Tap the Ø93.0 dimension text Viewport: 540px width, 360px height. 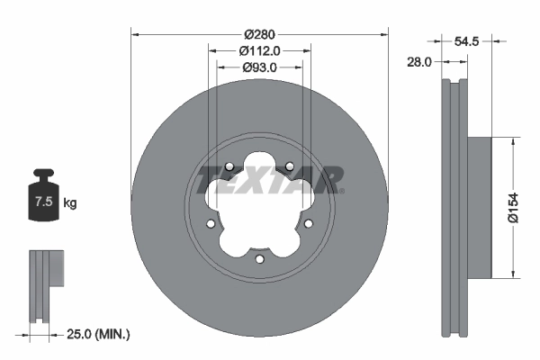259,67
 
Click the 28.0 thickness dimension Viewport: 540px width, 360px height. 420,62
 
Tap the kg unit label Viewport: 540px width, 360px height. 70,203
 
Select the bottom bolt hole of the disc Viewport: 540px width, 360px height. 259,260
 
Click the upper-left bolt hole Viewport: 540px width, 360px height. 229,166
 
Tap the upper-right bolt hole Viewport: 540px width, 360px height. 290,166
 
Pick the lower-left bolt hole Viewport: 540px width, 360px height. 211,224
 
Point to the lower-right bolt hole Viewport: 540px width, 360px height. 309,224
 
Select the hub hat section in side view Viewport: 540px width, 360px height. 480,207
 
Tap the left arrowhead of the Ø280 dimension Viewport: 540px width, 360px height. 135,35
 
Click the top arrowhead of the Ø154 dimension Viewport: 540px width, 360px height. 513,140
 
